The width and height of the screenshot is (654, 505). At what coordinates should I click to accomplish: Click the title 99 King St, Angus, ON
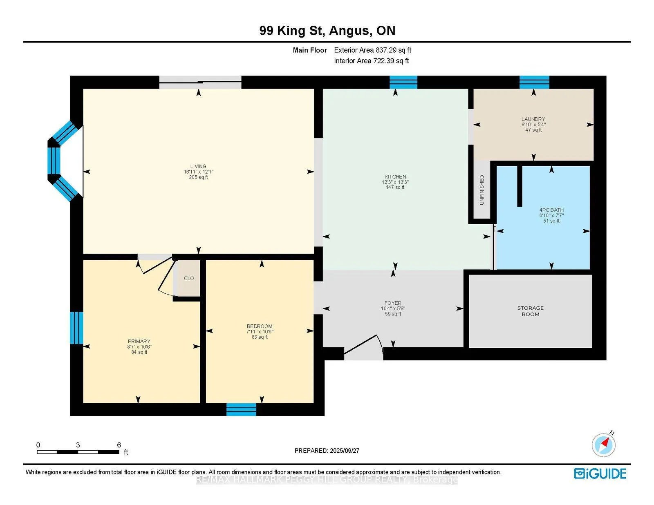pos(327,31)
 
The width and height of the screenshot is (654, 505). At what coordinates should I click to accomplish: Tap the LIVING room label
pos(198,166)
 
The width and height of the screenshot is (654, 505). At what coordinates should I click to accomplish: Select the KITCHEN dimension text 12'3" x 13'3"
pos(395,182)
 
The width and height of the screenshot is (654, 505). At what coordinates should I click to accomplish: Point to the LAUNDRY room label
pos(533,119)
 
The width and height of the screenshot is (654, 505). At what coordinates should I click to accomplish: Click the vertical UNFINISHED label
pos(482,190)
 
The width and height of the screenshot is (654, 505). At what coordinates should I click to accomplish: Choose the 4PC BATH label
pos(551,210)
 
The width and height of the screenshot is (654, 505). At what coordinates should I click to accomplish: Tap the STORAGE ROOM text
pos(530,311)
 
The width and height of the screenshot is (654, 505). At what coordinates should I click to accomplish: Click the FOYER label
pos(393,303)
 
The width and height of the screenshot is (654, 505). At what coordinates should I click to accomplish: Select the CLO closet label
pos(189,279)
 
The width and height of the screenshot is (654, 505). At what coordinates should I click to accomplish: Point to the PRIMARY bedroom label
pos(139,342)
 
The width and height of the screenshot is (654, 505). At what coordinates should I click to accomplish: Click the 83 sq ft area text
pos(260,337)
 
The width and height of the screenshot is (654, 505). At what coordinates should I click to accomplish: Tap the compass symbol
pos(603,445)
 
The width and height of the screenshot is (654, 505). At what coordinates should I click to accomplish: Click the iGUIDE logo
pos(600,474)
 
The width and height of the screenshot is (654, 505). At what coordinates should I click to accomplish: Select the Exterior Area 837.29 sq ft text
pos(373,50)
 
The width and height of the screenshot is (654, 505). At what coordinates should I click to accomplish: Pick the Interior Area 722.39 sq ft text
pos(372,61)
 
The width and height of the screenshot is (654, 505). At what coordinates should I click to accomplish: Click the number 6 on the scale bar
pos(119,445)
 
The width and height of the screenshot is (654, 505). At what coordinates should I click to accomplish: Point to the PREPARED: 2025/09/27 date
pos(327,451)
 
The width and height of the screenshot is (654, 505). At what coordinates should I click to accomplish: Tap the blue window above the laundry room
pos(534,83)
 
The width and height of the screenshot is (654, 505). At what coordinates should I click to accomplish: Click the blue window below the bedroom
pos(241,410)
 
